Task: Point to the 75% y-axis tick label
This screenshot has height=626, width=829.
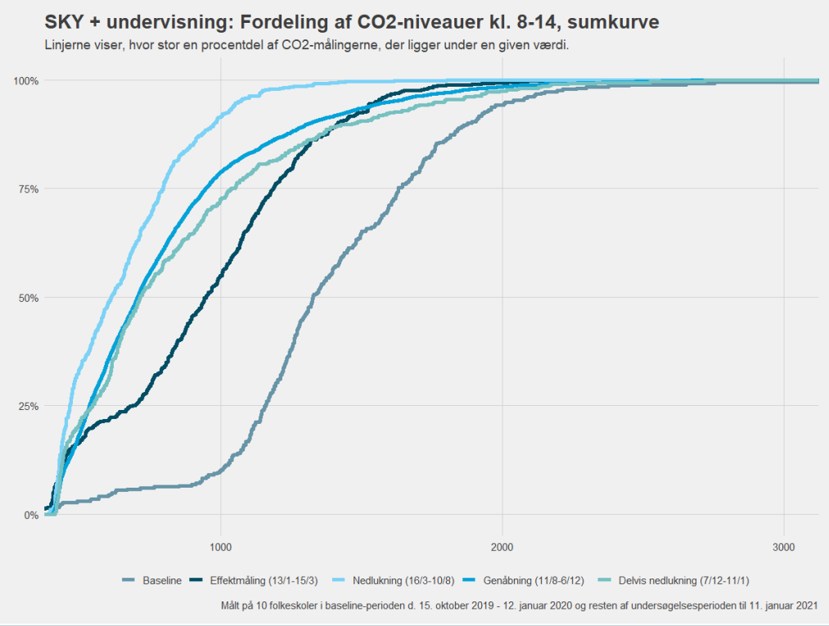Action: point(29,189)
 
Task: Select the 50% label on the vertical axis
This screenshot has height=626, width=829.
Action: point(29,298)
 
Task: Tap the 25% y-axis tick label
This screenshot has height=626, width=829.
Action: point(29,406)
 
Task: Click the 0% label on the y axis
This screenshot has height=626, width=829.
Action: point(32,515)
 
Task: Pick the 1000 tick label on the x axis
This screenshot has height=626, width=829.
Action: point(220,547)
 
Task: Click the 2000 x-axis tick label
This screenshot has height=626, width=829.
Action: point(502,547)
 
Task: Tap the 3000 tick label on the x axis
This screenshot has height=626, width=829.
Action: point(784,547)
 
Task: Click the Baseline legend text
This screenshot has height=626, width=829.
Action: point(162,581)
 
